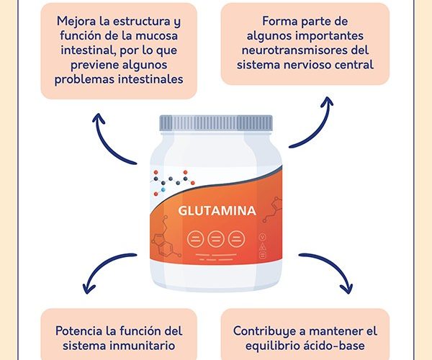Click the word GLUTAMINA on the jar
pyautogui.click(x=217, y=211)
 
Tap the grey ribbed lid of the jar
pyautogui.click(x=216, y=123)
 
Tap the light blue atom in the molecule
pyautogui.click(x=163, y=189)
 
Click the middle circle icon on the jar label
pyautogui.click(x=216, y=238)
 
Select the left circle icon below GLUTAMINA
pyautogui.click(x=195, y=238)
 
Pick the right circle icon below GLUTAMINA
pyautogui.click(x=236, y=238)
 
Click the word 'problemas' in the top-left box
pyautogui.click(x=84, y=80)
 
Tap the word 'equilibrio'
pyautogui.click(x=272, y=346)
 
